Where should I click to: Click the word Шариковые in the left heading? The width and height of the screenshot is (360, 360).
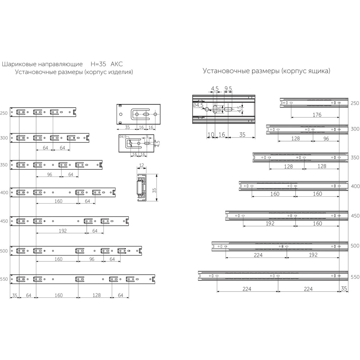coord(18,64)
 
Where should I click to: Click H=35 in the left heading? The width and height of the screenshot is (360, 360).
coord(98,64)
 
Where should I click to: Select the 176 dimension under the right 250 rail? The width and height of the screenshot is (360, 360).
coord(317,115)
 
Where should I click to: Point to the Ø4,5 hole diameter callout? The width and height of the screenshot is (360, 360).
coord(198,105)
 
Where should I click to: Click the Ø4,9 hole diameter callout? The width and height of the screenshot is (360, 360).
coord(123,137)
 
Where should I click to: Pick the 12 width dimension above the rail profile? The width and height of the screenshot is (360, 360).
coord(141,165)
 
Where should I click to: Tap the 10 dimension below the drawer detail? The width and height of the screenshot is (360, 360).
coord(211,134)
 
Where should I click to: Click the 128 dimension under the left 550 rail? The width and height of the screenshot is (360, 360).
coord(96,295)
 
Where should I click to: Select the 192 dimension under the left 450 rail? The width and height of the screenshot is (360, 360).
coord(63,231)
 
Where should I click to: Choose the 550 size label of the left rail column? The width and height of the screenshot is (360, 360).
coord(4,279)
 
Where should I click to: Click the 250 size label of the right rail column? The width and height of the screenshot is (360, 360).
coord(355,103)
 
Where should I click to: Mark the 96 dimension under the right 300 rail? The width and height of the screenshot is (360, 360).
coord(326,139)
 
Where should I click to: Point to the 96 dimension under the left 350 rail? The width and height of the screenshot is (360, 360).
coord(49,175)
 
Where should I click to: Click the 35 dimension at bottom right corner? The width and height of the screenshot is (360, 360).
coord(344,289)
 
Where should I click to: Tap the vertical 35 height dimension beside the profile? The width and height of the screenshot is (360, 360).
coord(154,190)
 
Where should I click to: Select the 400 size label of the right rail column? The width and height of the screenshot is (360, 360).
coord(355,186)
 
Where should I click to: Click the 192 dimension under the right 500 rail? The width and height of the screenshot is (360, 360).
coord(313,255)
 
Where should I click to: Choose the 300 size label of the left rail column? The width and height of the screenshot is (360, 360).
coord(4,138)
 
